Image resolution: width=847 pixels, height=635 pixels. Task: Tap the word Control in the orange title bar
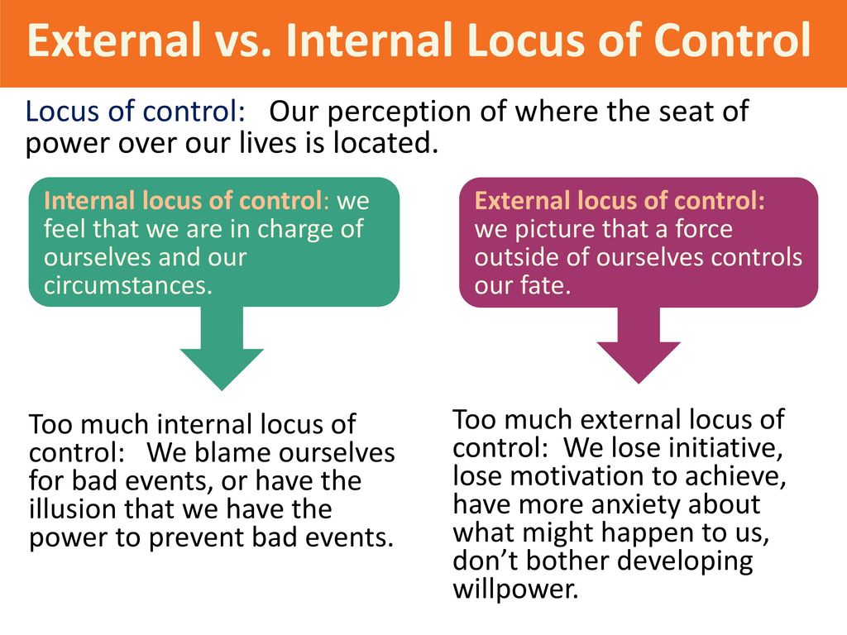point(731,40)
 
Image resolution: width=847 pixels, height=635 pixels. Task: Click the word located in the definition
point(385,142)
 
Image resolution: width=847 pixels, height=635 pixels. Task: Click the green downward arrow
point(222,348)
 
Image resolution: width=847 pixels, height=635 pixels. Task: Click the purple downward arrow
point(639,345)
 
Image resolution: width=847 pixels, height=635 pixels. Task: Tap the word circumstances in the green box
point(128,285)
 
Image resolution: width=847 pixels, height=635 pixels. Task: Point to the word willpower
point(515,589)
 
